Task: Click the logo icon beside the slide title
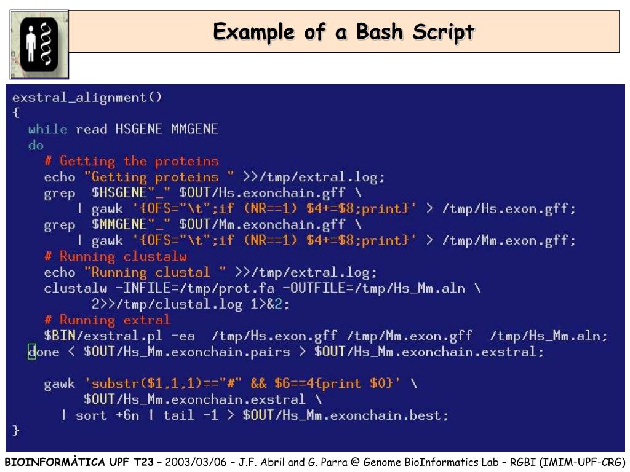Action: (x=39, y=44)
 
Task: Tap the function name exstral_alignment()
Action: (x=87, y=98)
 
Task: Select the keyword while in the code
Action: (x=47, y=130)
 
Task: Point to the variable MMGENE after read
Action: (x=194, y=130)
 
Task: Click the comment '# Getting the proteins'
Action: (x=131, y=162)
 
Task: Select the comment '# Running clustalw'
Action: (x=115, y=257)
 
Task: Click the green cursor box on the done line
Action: (x=32, y=352)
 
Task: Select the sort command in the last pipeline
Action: (x=90, y=416)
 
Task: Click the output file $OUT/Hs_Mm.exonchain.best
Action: (x=345, y=416)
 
